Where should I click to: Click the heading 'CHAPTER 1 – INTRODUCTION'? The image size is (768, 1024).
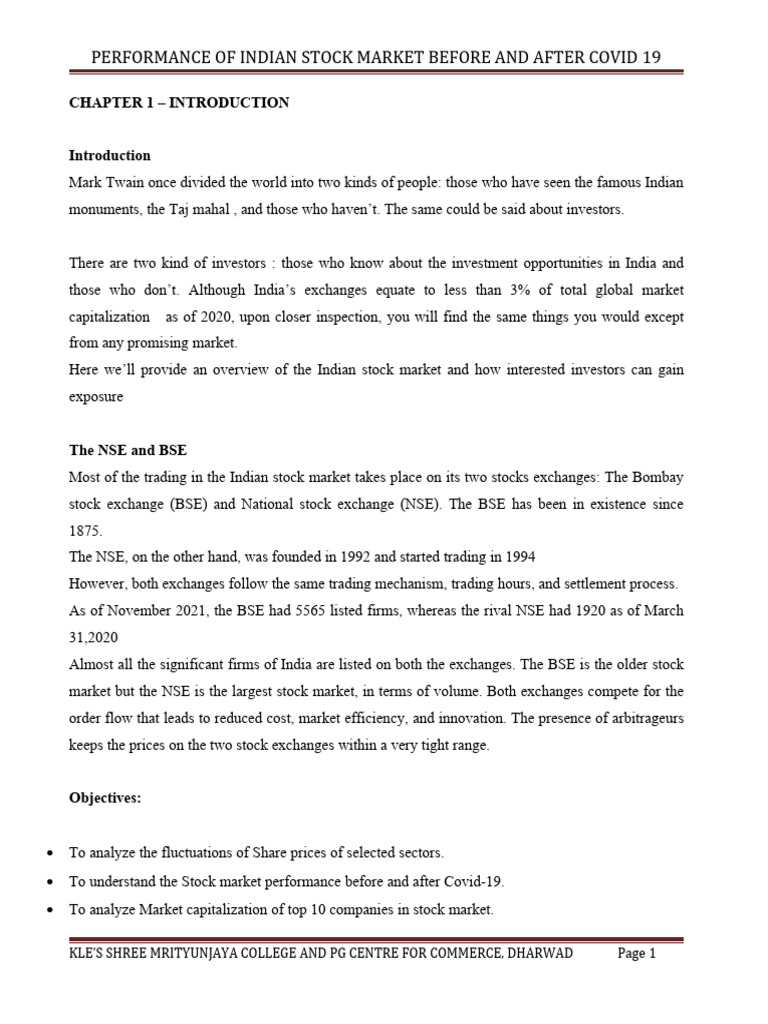pyautogui.click(x=178, y=103)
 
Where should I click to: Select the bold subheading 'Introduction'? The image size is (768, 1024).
pyautogui.click(x=109, y=155)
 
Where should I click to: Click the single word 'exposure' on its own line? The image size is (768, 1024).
pyautogui.click(x=96, y=397)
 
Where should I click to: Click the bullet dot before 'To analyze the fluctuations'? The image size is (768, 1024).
pyautogui.click(x=49, y=853)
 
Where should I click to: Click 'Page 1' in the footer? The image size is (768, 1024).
pyautogui.click(x=636, y=953)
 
